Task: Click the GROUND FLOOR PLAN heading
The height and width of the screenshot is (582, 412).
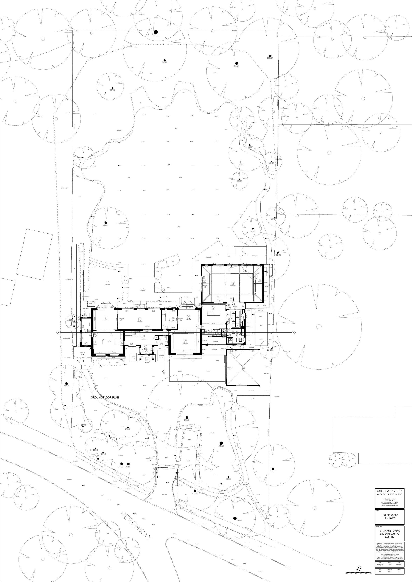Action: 105,398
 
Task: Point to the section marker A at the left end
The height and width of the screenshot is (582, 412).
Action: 58,332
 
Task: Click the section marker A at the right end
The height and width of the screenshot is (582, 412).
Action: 294,332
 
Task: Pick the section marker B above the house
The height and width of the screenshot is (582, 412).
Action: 164,290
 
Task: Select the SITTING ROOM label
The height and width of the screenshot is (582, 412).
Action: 140,322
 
